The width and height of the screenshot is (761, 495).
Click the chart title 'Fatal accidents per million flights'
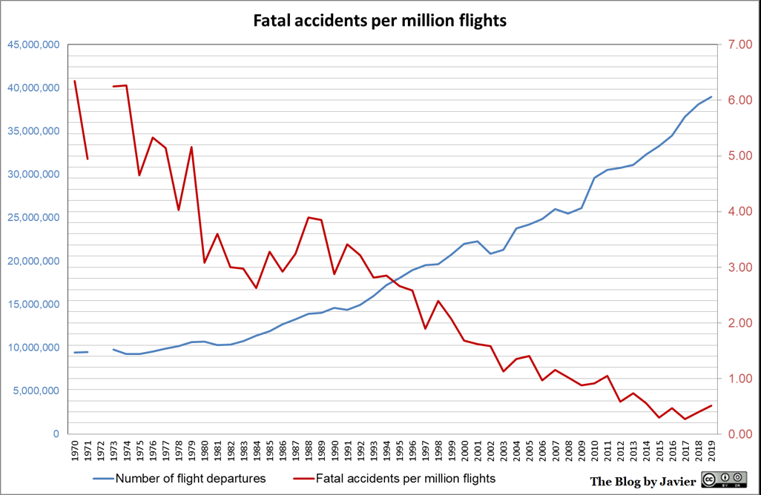[380, 21]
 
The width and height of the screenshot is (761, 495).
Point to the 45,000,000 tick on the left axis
[33, 45]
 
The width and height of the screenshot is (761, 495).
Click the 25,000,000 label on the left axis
[33, 218]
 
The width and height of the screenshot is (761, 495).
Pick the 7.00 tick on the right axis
[738, 45]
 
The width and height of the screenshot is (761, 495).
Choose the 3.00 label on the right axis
[738, 268]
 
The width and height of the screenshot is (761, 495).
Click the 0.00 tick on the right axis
[738, 434]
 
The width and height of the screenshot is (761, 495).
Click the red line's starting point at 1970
[75, 81]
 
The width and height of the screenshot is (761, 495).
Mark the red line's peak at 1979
[192, 147]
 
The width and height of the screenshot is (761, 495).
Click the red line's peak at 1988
[309, 217]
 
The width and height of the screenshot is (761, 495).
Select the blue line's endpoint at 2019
[711, 97]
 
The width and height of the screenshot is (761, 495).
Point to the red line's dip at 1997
[425, 328]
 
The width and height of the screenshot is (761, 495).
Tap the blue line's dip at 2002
[490, 253]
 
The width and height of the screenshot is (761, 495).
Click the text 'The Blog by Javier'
[643, 482]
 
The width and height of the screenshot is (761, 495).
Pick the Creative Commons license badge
[725, 480]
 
